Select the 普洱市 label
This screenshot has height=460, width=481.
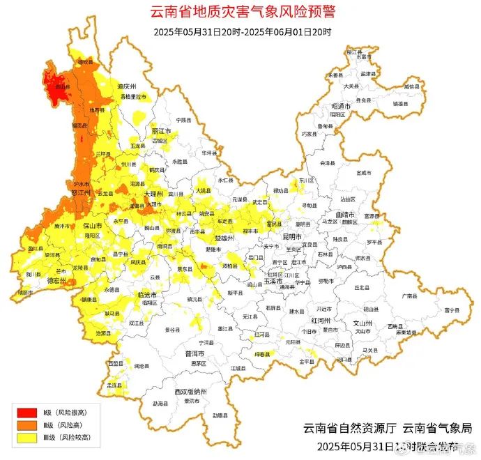tap(194, 353)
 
